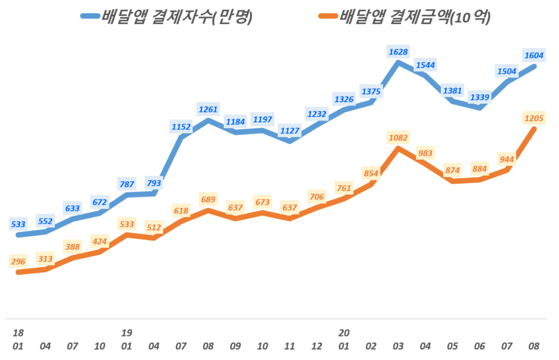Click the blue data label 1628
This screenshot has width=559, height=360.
[x=398, y=52]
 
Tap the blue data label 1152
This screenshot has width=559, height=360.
[x=181, y=127]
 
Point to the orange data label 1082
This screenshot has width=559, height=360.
[x=398, y=137]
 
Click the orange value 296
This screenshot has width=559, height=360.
[x=19, y=261]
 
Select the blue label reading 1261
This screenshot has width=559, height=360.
[x=208, y=109]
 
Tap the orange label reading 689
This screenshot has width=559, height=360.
[x=208, y=199]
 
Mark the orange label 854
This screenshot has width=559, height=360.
[x=371, y=173]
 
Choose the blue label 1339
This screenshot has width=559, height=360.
[x=479, y=97]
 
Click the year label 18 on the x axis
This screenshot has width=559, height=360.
[x=19, y=333]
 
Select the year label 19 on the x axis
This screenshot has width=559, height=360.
[x=127, y=333]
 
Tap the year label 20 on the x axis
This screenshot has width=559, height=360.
[x=344, y=333]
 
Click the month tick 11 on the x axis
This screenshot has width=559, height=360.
[x=289, y=346]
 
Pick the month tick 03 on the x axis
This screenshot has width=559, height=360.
[x=398, y=346]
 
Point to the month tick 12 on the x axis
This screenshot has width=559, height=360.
[x=317, y=346]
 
